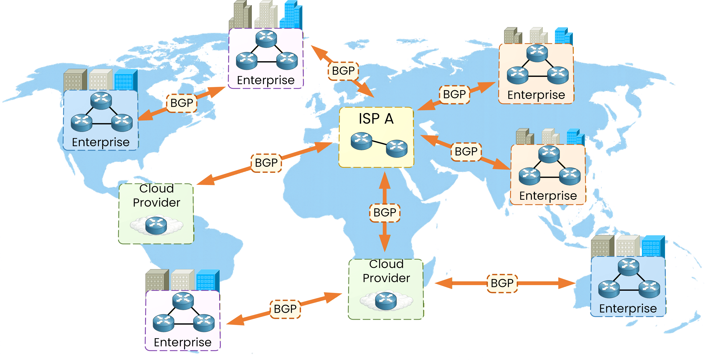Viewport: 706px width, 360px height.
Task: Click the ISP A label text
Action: point(376,119)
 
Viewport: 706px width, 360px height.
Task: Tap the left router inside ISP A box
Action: point(361,141)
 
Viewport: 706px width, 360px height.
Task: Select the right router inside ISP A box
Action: point(397,148)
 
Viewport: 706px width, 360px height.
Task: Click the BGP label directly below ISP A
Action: point(385,212)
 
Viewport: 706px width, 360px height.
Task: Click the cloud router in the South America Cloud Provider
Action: point(156,225)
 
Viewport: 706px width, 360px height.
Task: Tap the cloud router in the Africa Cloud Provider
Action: point(386,301)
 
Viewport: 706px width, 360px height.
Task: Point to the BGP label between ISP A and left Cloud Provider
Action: point(266,163)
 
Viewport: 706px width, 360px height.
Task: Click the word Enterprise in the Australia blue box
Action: point(628,308)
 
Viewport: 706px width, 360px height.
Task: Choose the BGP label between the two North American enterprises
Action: point(182,103)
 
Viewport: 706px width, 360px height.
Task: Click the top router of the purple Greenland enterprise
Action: point(266,39)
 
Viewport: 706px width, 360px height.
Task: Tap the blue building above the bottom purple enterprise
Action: point(207,280)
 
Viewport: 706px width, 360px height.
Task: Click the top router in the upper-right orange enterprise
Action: point(537,53)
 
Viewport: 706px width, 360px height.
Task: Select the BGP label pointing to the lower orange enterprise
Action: point(466,152)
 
